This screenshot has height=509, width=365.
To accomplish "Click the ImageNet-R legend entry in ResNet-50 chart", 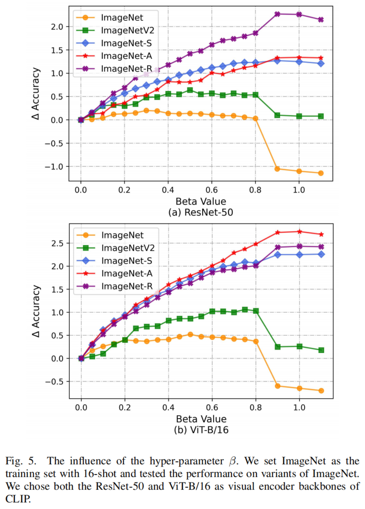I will (x=126, y=69).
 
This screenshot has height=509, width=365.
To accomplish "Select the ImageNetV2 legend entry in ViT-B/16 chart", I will (x=128, y=248).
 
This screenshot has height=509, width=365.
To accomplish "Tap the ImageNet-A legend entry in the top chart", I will (x=126, y=56).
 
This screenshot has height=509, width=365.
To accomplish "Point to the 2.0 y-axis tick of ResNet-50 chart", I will (x=57, y=27).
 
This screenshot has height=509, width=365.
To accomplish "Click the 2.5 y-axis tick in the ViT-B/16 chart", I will (x=57, y=243).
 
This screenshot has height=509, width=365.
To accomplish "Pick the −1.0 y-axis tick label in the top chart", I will (x=54, y=166).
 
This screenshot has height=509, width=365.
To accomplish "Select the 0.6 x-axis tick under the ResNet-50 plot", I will (x=212, y=190).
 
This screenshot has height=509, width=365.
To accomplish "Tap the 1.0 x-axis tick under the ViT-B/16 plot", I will (x=299, y=407).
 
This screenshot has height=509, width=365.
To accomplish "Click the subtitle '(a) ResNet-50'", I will (x=201, y=212).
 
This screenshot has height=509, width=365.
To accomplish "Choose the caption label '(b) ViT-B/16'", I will (x=201, y=430).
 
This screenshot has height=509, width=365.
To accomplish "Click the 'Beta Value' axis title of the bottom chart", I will (x=201, y=419).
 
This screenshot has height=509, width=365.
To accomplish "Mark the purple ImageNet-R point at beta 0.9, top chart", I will (x=277, y=14).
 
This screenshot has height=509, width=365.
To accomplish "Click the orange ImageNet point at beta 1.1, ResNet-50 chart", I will (x=321, y=173).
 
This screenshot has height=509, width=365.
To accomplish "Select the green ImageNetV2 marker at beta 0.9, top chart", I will (x=277, y=115).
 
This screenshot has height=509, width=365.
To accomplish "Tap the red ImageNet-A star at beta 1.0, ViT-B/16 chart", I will (x=299, y=232).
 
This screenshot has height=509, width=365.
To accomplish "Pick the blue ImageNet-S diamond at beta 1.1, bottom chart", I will (x=321, y=254).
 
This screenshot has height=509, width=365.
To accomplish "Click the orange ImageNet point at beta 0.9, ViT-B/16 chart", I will (x=278, y=386).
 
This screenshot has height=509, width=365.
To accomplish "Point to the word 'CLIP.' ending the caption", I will (x=18, y=499).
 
